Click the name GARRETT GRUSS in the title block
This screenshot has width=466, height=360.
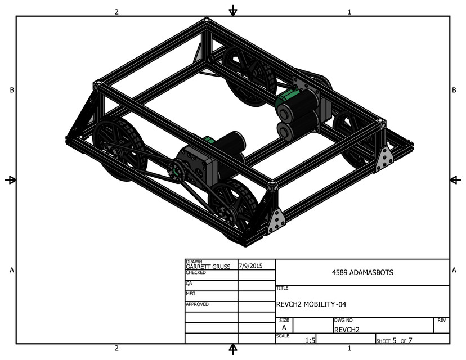coord(208,267)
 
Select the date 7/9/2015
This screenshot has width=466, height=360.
coord(250,264)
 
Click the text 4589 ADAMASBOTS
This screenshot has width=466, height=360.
coord(362,272)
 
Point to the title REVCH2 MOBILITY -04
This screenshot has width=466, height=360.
coord(315,304)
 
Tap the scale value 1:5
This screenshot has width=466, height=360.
coord(310,340)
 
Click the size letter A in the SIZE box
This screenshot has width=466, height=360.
coord(284,327)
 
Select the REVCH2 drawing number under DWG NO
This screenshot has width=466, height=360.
coord(346,330)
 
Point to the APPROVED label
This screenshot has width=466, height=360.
coord(197,304)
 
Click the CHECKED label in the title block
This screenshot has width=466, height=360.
coord(196,272)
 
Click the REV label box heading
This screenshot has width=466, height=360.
coord(442,320)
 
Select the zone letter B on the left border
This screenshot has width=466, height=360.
coord(12,91)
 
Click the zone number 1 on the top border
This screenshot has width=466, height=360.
coord(349,12)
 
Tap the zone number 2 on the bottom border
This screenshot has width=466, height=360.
coord(116,348)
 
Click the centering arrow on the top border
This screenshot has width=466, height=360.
coord(232,11)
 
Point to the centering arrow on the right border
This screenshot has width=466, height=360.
coord(455,179)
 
